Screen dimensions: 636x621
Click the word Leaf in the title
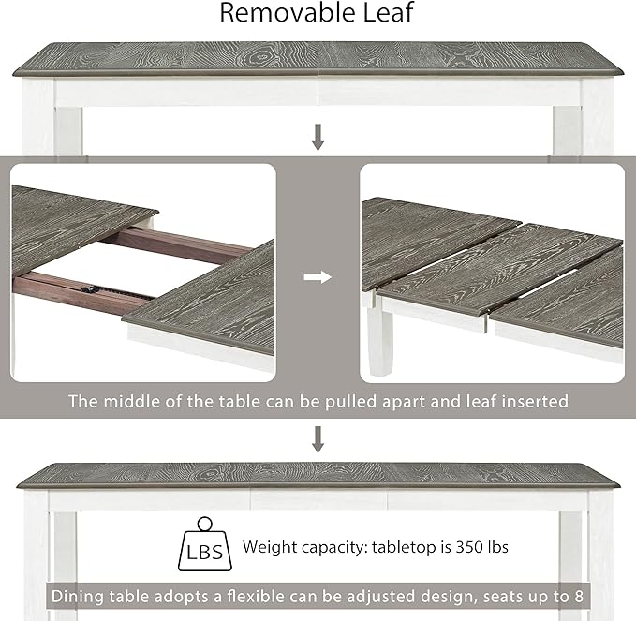click(x=388, y=12)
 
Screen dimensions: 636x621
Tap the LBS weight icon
click(x=205, y=544)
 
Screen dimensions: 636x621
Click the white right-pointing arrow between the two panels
click(x=318, y=277)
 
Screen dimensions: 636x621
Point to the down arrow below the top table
click(x=318, y=138)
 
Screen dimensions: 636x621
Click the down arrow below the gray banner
click(x=318, y=439)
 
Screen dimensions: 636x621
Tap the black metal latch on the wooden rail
click(x=88, y=289)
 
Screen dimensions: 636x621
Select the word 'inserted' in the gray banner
click(x=535, y=401)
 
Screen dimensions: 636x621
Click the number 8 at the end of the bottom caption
click(x=579, y=597)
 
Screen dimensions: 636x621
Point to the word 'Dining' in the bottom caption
click(x=78, y=597)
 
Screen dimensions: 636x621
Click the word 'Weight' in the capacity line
click(x=270, y=547)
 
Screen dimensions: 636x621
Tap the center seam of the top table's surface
click(x=318, y=59)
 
